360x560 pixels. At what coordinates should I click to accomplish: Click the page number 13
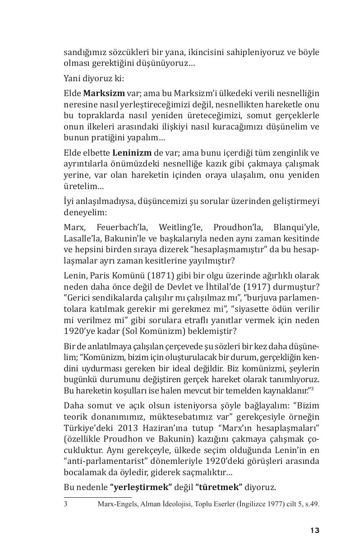click(x=314, y=530)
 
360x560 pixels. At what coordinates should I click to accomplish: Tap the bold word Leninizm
click(x=132, y=153)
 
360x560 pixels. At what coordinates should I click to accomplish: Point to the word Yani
click(x=72, y=78)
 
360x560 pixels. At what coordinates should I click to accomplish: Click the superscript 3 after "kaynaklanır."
click(x=317, y=388)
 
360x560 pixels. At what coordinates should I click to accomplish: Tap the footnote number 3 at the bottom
click(x=66, y=504)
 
